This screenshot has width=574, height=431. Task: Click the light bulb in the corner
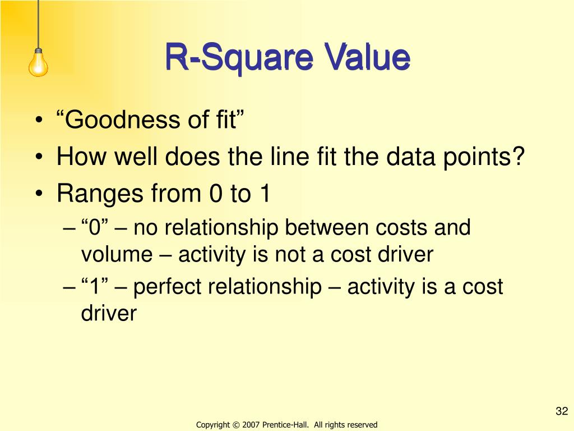(x=38, y=62)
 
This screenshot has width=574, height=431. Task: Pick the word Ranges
(x=99, y=194)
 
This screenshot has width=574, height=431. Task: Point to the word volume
(x=117, y=255)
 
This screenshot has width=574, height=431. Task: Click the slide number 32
(x=562, y=412)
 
